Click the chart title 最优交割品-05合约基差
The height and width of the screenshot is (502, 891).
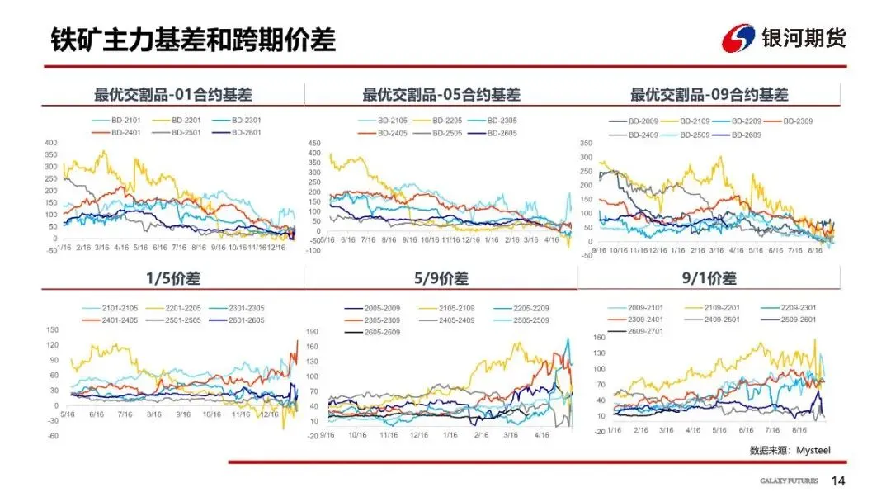(x=441, y=95)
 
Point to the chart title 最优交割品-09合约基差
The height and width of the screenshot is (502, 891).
(x=709, y=95)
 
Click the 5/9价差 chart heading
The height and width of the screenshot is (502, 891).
(x=441, y=278)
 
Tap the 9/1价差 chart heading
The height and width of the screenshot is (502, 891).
(x=709, y=278)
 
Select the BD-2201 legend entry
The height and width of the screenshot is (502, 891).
(x=183, y=121)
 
